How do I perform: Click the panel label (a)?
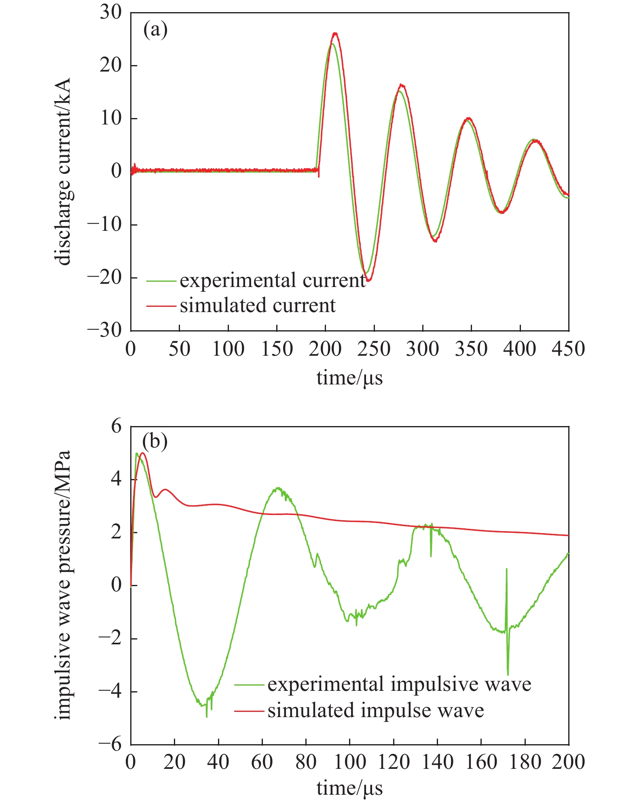(x=155, y=30)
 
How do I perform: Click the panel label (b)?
(x=155, y=442)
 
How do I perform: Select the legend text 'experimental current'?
(x=273, y=280)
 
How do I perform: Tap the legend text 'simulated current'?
(x=258, y=305)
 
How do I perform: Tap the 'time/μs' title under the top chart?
(x=349, y=378)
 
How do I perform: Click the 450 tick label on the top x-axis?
(x=568, y=349)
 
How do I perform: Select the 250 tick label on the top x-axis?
(x=374, y=349)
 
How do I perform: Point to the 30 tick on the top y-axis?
(x=111, y=13)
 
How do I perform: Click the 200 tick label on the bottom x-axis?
(x=568, y=762)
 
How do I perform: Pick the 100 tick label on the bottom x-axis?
(x=349, y=762)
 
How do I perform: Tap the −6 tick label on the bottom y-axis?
(x=111, y=744)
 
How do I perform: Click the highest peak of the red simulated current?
(x=335, y=33)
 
